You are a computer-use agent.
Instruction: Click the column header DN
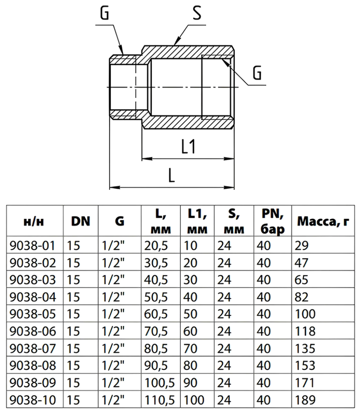pos(81,222)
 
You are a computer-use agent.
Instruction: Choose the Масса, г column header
pos(323,222)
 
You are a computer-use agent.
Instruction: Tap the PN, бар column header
pos(272,222)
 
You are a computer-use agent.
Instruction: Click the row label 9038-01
pos(33,246)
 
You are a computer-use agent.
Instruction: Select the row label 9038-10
pos(33,400)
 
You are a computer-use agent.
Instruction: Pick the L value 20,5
pos(156,246)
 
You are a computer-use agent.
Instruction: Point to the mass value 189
pos(305,400)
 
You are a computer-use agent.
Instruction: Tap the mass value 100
pos(305,314)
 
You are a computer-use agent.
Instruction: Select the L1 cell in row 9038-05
pos(190,314)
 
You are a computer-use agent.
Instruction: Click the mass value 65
pos(301,280)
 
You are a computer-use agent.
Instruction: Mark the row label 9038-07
pos(33,349)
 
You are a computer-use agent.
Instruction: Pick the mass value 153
pos(305,365)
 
